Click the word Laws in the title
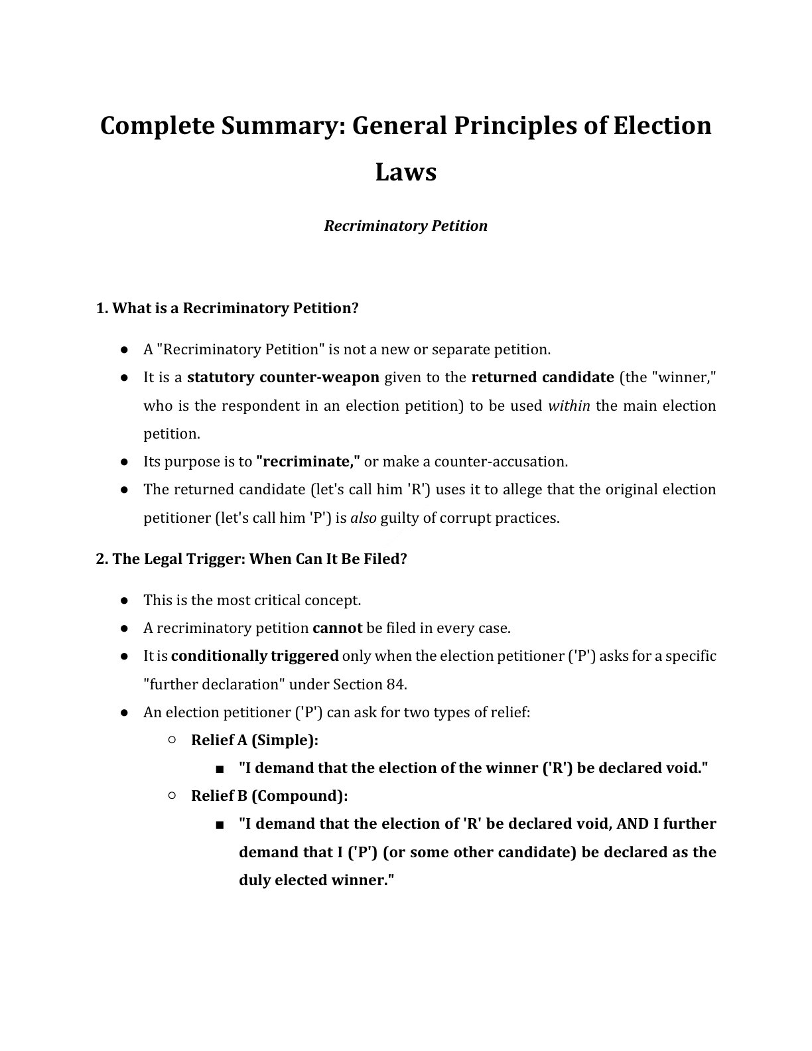405,172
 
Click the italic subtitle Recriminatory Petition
405,226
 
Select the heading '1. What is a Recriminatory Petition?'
228,308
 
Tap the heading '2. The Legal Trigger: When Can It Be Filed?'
251,559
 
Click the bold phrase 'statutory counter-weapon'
283,378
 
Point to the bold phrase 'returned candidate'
542,378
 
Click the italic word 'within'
569,405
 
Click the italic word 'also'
363,518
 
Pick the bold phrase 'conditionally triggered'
255,656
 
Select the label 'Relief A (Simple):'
255,740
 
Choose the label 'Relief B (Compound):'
269,796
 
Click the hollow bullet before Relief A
172,739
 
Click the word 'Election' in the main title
661,125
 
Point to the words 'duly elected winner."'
316,880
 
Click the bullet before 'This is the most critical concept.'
124,600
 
